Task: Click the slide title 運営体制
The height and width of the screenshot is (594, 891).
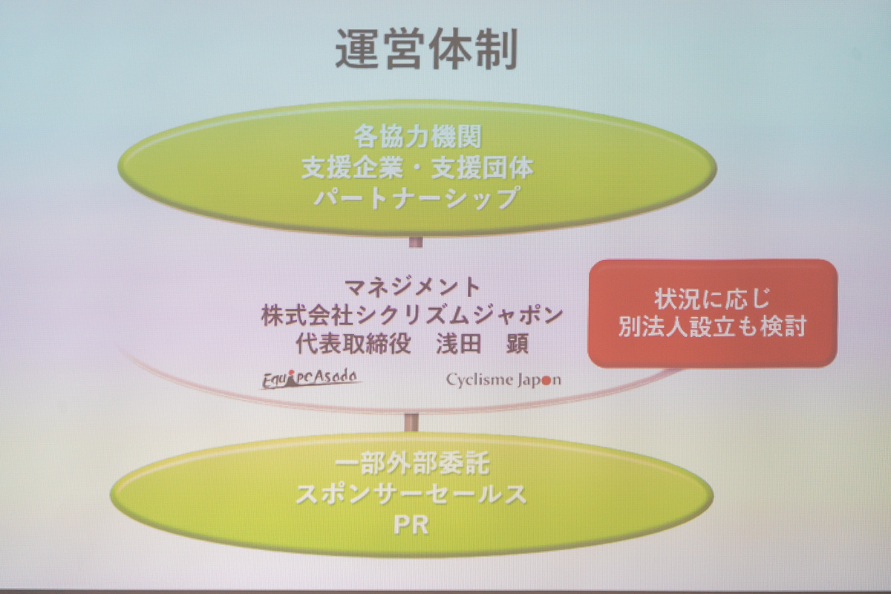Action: (x=426, y=49)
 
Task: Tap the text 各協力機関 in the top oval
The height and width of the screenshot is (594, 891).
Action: (x=417, y=137)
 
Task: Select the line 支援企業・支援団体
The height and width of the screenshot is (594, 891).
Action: (x=417, y=168)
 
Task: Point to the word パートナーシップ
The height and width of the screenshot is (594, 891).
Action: (x=417, y=198)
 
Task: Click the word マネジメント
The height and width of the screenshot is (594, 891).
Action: (x=412, y=287)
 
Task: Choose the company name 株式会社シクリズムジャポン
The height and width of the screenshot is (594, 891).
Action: (x=412, y=316)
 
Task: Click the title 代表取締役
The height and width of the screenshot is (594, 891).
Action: (x=353, y=343)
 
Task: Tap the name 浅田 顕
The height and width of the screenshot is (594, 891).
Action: (x=483, y=343)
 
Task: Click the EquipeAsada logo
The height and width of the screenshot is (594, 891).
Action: (x=310, y=379)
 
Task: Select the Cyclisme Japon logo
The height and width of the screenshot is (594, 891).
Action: (x=503, y=380)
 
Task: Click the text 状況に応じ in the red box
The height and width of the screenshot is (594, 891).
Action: (x=712, y=299)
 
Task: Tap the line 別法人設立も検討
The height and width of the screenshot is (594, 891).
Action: (x=712, y=326)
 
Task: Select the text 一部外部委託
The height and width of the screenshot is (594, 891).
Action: (x=412, y=463)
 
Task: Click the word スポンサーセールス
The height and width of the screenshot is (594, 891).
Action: (x=411, y=495)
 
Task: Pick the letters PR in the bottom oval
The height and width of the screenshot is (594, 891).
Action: (x=411, y=525)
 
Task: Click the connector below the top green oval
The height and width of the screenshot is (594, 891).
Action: (x=416, y=242)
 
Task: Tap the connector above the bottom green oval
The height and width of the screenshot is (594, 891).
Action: (x=411, y=422)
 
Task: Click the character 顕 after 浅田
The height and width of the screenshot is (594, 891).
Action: (x=517, y=343)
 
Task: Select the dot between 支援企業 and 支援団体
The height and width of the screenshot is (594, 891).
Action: (x=417, y=169)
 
